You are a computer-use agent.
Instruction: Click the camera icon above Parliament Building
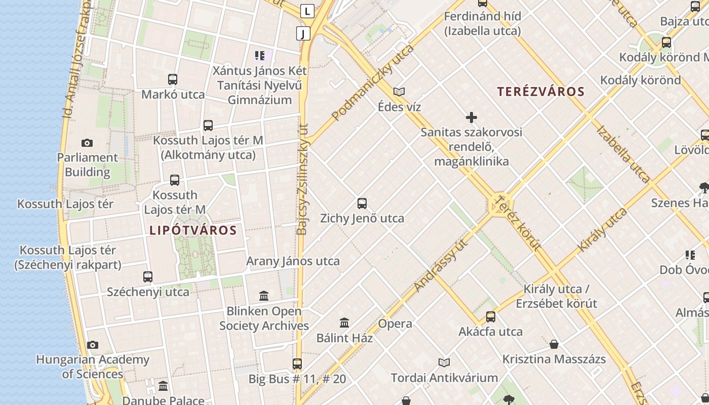(87, 143)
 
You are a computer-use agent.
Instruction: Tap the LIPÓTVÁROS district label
(193, 230)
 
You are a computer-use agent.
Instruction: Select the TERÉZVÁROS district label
(540, 92)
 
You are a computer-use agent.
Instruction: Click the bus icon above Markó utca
(173, 79)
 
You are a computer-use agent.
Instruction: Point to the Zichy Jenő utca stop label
(362, 219)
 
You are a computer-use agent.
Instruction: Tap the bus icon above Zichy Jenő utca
(362, 204)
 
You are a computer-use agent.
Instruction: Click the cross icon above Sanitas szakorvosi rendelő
(471, 118)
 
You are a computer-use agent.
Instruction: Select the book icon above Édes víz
(399, 92)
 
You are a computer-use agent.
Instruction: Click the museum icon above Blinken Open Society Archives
(264, 296)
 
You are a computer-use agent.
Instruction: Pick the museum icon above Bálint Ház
(344, 322)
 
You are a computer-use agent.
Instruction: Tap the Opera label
(395, 323)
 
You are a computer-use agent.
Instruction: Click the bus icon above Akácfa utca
(490, 317)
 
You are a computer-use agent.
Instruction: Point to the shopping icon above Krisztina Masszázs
(554, 344)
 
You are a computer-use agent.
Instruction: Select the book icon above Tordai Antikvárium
(444, 362)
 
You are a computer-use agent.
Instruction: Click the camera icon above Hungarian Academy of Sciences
(93, 345)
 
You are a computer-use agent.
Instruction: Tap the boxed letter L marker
(307, 11)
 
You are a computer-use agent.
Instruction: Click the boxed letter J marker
(303, 33)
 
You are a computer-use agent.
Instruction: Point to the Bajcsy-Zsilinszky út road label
(302, 180)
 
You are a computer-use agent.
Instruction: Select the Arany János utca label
(293, 261)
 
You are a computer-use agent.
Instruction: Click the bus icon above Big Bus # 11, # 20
(297, 363)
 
